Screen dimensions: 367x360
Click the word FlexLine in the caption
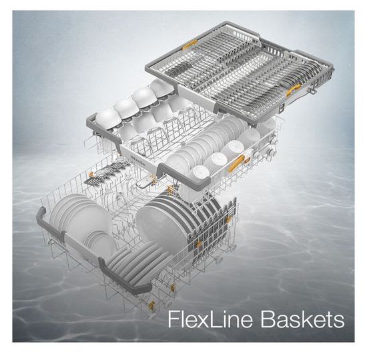(x=210, y=319)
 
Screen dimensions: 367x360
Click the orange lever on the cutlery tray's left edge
(x=190, y=44)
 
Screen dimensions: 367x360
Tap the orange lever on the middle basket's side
(x=236, y=163)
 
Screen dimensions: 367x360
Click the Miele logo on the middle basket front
(x=137, y=159)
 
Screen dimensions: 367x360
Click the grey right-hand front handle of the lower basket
(x=124, y=276)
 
